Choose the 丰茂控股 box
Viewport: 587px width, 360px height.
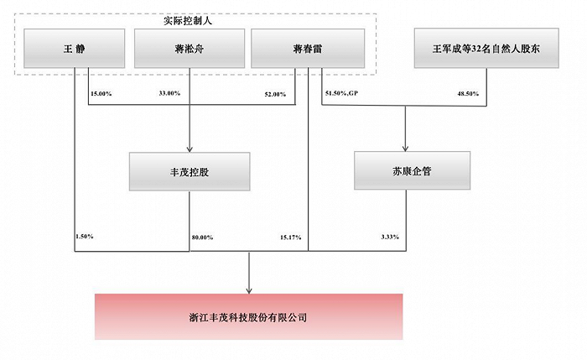(189, 171)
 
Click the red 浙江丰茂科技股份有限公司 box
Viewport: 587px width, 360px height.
(249, 317)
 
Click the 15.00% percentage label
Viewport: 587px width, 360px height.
(101, 94)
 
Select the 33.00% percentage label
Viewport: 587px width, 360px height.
(169, 94)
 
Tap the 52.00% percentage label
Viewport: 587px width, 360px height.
(275, 94)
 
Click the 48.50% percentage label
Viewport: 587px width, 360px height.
(467, 94)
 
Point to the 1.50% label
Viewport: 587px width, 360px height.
(85, 237)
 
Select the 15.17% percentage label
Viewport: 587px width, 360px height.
(291, 237)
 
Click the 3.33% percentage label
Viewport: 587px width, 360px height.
(388, 237)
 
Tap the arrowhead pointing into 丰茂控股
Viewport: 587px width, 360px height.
(189, 148)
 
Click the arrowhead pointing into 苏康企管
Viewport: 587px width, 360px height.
(406, 148)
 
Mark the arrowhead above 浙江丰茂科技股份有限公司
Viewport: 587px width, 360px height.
(249, 290)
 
